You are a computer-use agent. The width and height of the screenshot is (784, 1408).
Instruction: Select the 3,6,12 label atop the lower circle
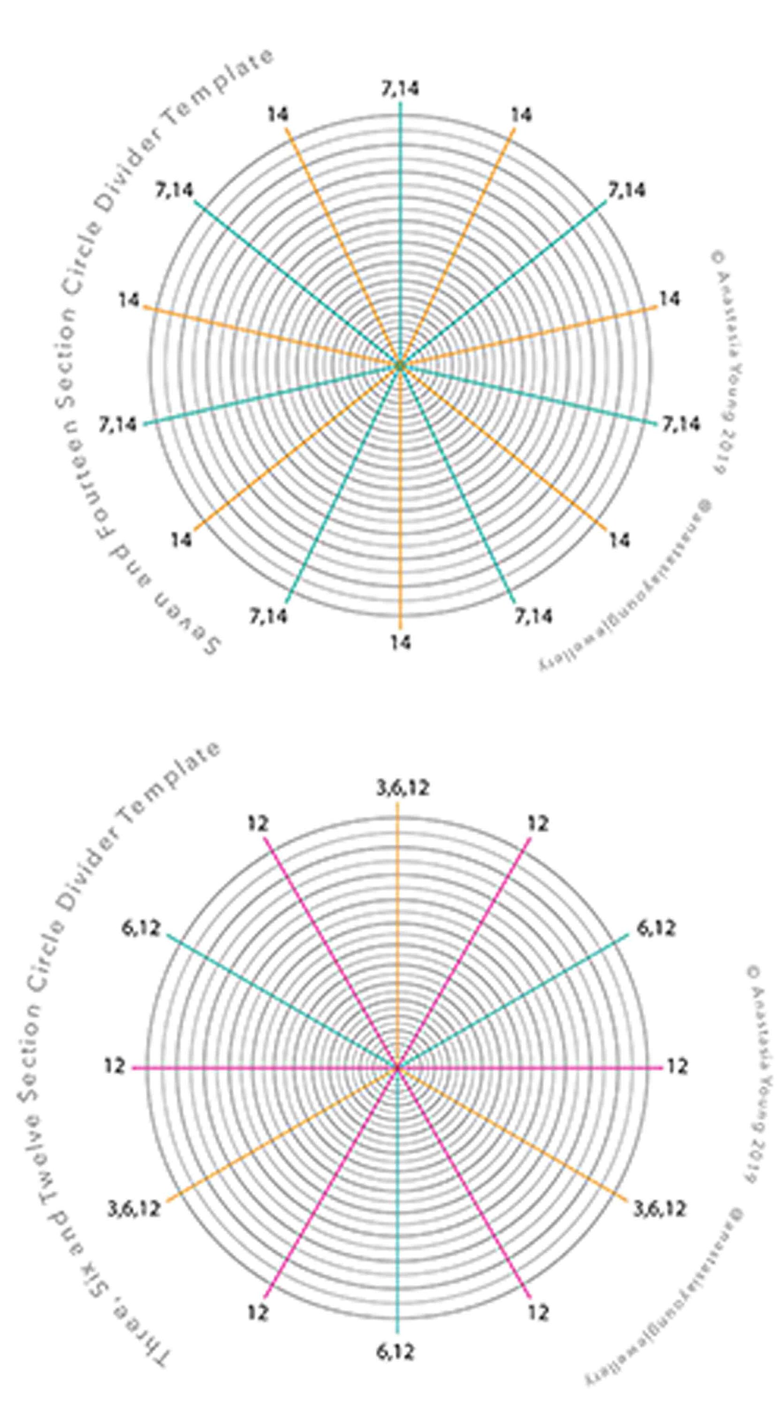point(402,788)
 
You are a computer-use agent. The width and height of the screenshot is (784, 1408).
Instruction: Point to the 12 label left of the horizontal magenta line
point(115,1066)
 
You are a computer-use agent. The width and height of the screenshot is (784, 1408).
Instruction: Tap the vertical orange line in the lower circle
point(397,929)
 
